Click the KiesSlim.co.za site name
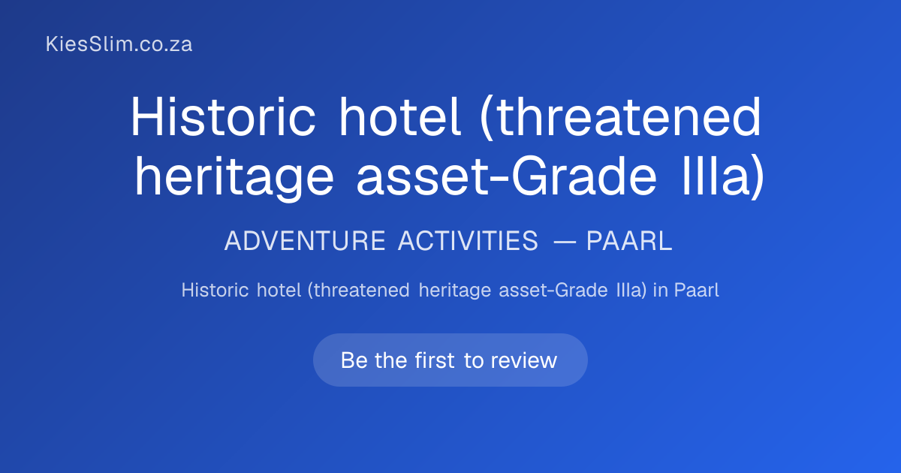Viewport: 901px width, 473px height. [x=119, y=44]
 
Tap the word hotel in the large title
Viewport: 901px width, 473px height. [x=399, y=116]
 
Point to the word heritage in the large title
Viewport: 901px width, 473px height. [x=234, y=178]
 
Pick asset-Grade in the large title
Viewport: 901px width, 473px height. [x=506, y=176]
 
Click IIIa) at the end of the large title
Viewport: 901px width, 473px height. [x=723, y=177]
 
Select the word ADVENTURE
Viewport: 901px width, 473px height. [x=305, y=241]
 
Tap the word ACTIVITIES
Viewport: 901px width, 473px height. [x=468, y=241]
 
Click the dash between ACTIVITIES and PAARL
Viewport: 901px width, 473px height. [x=565, y=242]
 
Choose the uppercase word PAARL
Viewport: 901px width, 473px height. [x=629, y=241]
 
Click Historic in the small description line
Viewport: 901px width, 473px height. [x=215, y=290]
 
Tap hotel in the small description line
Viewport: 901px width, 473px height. [x=279, y=290]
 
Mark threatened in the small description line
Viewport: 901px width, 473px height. [x=358, y=291]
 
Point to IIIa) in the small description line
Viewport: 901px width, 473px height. [x=631, y=291]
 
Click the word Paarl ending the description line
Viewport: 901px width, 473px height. [x=697, y=290]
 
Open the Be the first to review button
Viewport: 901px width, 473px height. [x=450, y=360]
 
